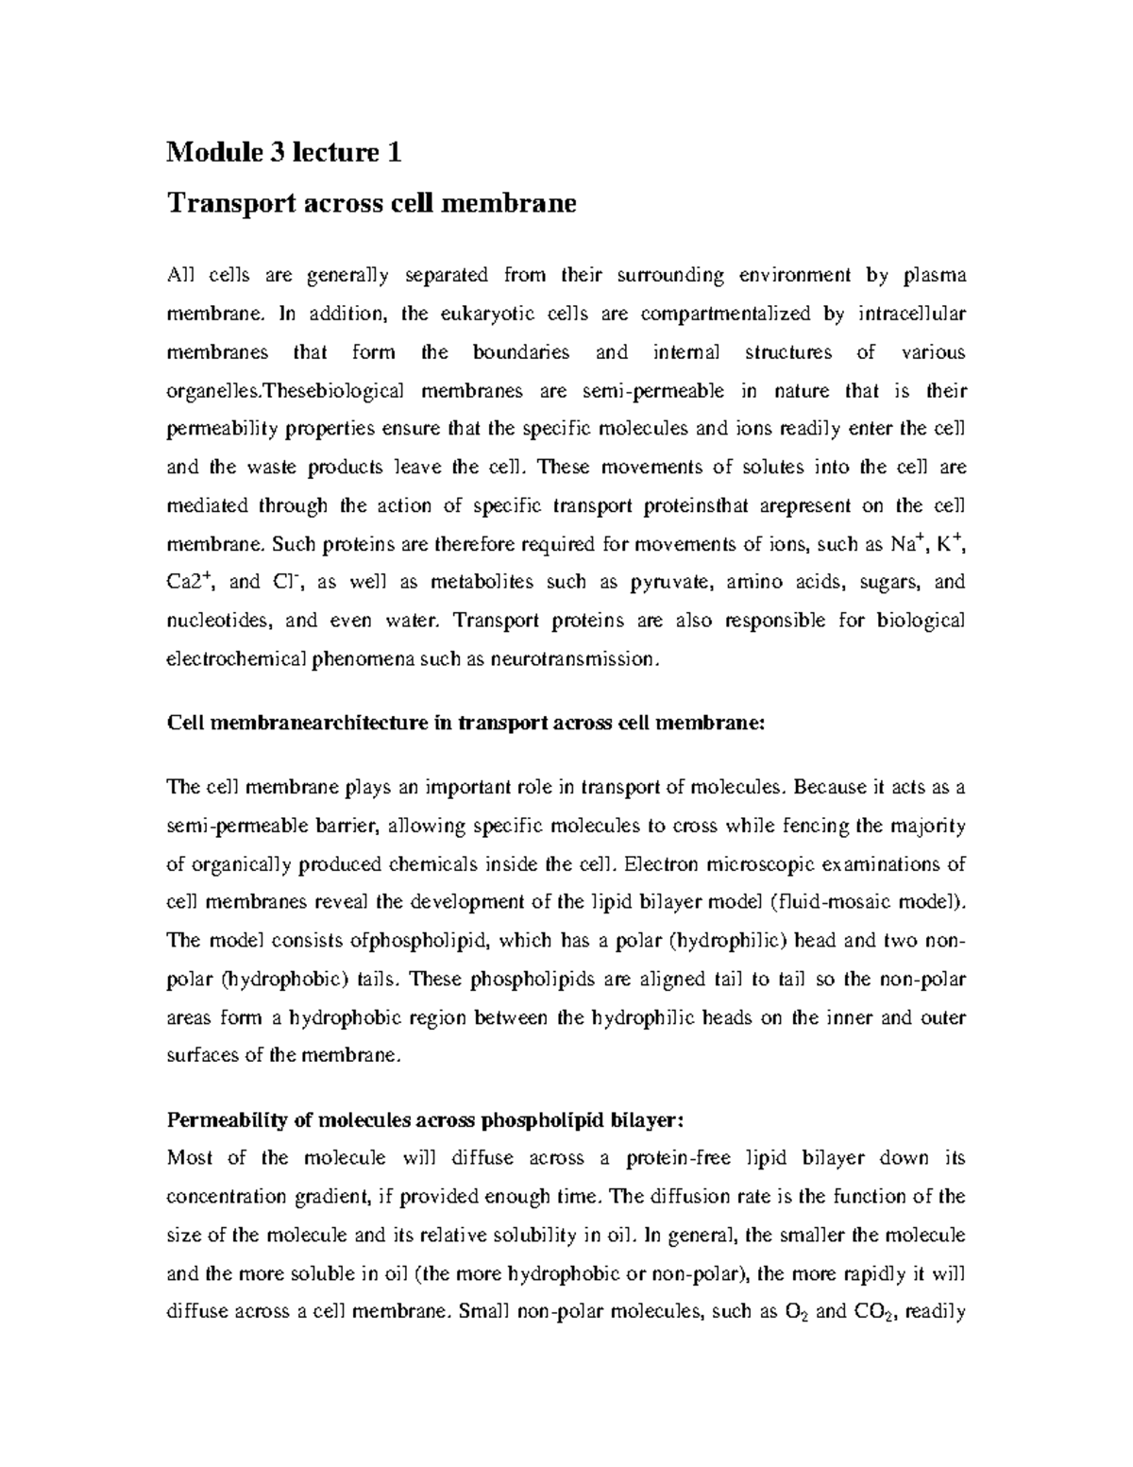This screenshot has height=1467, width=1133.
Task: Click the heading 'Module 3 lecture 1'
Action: [x=284, y=152]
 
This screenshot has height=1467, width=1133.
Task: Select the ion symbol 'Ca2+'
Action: [x=189, y=582]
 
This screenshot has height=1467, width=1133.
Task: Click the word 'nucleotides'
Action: [x=220, y=621]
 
